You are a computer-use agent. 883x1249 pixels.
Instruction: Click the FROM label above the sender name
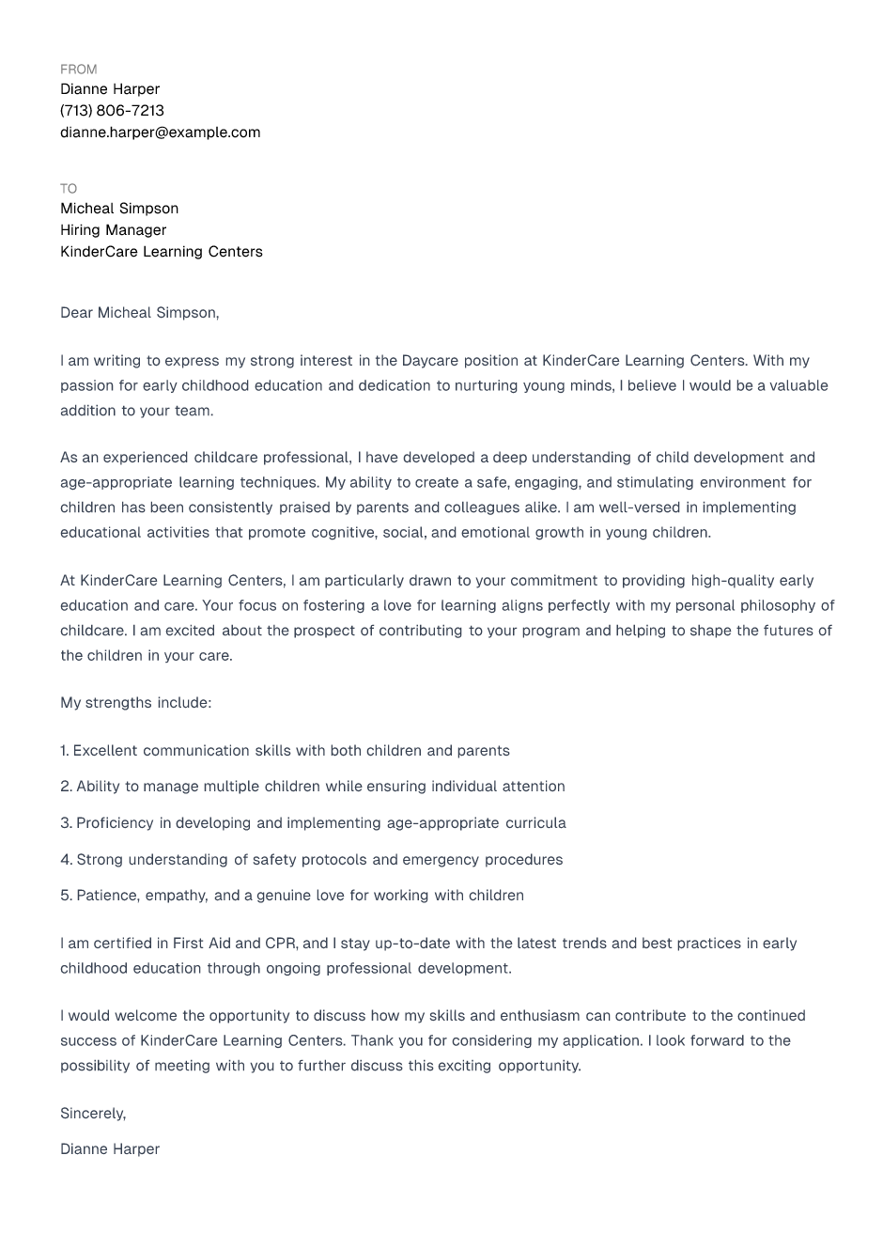pos(78,70)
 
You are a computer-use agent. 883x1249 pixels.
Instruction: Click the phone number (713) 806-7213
pos(112,111)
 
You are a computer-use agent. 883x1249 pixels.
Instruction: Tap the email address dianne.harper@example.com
pos(160,133)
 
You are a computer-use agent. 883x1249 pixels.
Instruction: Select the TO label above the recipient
pos(69,189)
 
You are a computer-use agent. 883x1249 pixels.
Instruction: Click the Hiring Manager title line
pos(113,230)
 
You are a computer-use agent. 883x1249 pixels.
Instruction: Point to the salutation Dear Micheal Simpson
pos(139,313)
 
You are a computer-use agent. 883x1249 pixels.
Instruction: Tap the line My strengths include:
pos(135,703)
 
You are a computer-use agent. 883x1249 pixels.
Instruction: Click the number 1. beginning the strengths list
pos(65,751)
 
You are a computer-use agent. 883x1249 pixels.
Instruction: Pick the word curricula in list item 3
pos(535,823)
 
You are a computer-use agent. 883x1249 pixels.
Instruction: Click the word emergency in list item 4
pos(441,860)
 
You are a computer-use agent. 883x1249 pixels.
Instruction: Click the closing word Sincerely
pos(92,1114)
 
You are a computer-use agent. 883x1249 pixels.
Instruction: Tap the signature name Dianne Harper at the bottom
pos(110,1149)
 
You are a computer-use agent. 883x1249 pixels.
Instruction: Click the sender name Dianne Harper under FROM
pos(110,89)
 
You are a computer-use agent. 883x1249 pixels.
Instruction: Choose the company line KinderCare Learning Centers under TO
pos(162,252)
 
